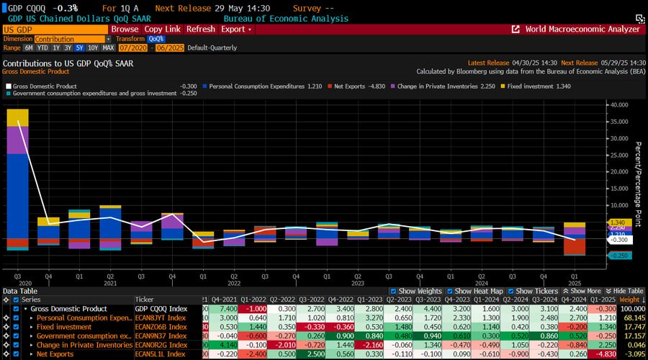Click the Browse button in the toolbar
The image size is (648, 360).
coord(124,30)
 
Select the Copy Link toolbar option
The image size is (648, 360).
coord(162,30)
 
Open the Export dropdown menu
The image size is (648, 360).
coord(236,30)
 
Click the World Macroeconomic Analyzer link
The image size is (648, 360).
coord(582,30)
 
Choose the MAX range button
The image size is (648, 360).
coord(108,48)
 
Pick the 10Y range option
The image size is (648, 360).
coord(92,48)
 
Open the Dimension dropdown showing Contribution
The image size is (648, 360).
coord(69,39)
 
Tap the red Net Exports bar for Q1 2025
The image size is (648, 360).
coord(574,246)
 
